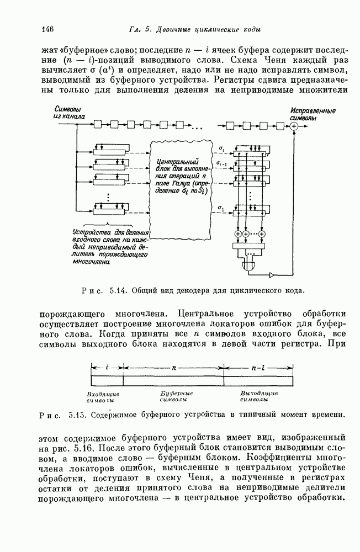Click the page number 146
pyautogui.click(x=46, y=29)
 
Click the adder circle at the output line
pyautogui.click(x=294, y=126)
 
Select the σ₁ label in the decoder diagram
pyautogui.click(x=221, y=209)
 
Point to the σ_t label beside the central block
pyautogui.click(x=221, y=148)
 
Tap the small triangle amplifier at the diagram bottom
pyautogui.click(x=271, y=274)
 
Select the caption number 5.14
pyautogui.click(x=118, y=290)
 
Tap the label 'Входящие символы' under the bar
pyautogui.click(x=104, y=397)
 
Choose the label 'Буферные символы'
pyautogui.click(x=172, y=397)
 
